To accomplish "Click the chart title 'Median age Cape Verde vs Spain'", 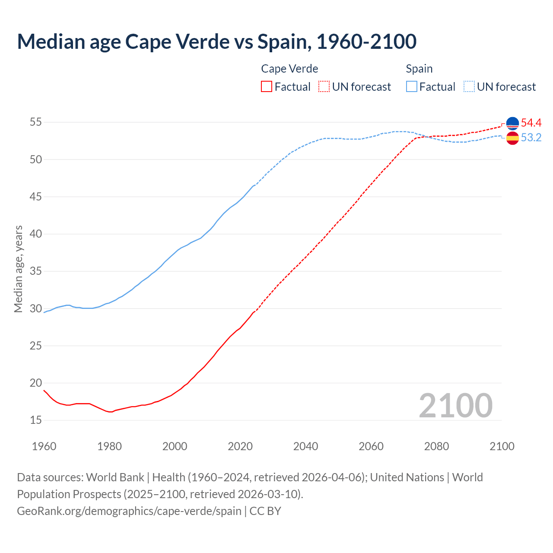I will (x=216, y=42).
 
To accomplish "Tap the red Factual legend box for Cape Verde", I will (x=267, y=87).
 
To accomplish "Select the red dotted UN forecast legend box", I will (x=324, y=87).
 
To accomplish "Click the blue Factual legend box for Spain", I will (x=412, y=87).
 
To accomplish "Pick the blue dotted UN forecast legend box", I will (x=469, y=87).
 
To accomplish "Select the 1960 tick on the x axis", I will (x=44, y=446).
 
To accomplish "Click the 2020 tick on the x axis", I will (x=240, y=446).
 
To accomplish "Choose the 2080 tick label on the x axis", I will (x=436, y=446).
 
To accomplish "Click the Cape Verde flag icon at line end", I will (x=512, y=124).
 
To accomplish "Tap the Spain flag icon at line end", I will (x=512, y=138).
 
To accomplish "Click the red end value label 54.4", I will (x=531, y=123).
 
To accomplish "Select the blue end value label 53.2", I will (x=531, y=138).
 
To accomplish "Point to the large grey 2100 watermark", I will (x=455, y=406).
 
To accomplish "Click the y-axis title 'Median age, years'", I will (x=18, y=269).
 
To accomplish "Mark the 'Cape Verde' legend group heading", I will (x=289, y=69).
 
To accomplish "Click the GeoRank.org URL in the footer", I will (x=129, y=511).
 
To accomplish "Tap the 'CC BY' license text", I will (x=265, y=511).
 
